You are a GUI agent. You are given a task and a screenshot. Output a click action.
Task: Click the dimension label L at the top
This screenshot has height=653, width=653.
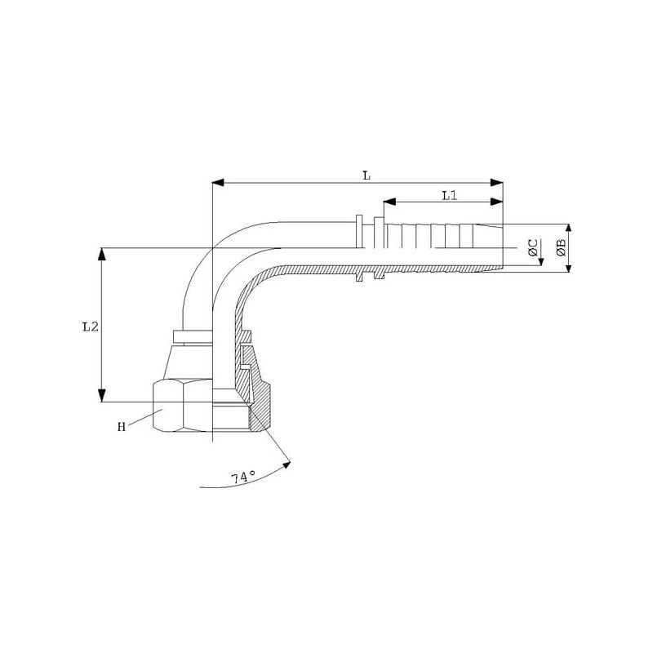tap(366, 175)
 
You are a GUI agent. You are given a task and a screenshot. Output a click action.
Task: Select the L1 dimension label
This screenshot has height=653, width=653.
tap(450, 195)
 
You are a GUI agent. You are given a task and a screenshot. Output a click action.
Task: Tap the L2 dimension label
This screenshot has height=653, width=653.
tap(91, 327)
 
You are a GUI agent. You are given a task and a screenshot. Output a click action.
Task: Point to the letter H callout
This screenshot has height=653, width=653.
tap(122, 427)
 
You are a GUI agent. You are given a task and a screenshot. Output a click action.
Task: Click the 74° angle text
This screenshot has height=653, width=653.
tap(243, 478)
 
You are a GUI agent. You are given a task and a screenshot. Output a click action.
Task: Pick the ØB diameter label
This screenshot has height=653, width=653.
tap(561, 247)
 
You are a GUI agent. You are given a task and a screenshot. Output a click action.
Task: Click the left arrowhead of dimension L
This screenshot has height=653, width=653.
tap(218, 183)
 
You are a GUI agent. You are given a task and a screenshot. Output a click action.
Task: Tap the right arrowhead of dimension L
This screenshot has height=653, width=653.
tap(496, 183)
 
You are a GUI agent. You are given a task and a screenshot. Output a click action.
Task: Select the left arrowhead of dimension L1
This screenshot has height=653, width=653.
tap(389, 202)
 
